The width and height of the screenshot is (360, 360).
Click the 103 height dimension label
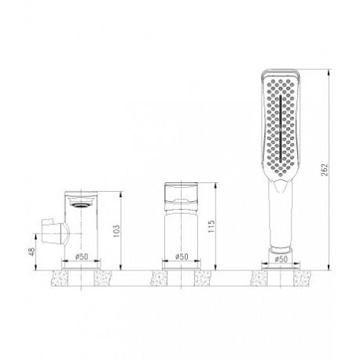(x=116, y=231)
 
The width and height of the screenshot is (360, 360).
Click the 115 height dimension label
(x=211, y=226)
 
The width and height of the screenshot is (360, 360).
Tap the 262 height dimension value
(x=325, y=170)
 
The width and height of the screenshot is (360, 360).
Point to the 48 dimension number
(x=31, y=252)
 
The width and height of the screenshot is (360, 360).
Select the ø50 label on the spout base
(x=82, y=257)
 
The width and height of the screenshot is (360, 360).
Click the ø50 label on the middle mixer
(x=182, y=257)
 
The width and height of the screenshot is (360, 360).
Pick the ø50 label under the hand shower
(x=281, y=259)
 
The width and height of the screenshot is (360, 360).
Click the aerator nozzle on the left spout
(x=81, y=205)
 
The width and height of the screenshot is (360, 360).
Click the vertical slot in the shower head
(x=281, y=128)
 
